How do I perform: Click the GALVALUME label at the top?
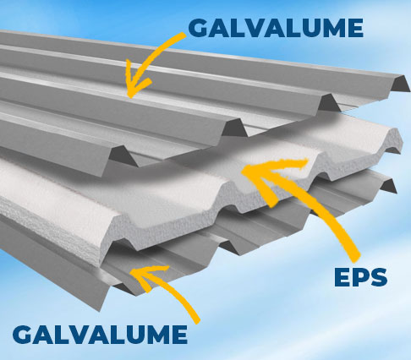point(276,28)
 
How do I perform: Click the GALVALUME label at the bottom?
point(100,335)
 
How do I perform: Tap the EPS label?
point(361,277)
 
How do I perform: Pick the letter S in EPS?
point(378,278)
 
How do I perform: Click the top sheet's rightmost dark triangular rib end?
point(400,84)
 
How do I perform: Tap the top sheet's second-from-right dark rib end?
point(330,103)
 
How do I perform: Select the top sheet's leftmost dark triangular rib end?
point(122,157)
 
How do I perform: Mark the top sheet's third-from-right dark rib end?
point(234,128)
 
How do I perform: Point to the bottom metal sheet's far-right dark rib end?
point(388,186)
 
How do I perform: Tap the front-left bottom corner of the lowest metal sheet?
point(99,311)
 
